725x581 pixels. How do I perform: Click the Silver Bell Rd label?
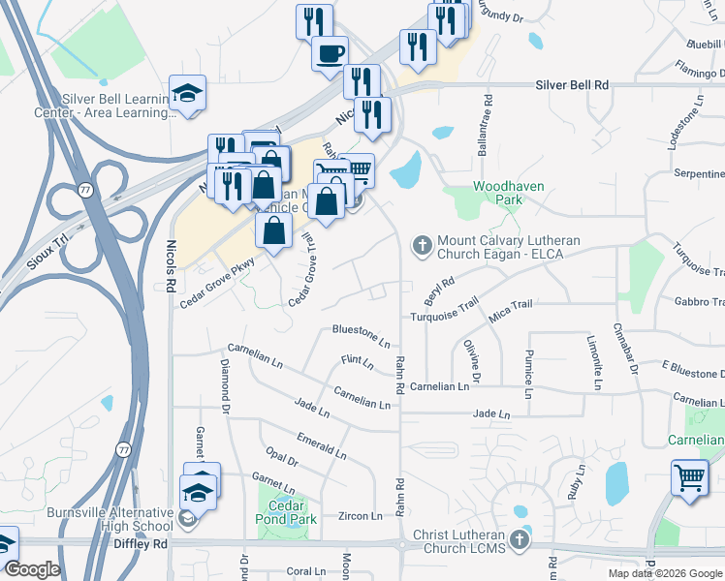click(572, 85)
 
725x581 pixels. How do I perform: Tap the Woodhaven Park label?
click(508, 193)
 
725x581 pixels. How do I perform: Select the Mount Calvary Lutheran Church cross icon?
click(422, 245)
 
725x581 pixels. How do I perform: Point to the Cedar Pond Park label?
click(288, 512)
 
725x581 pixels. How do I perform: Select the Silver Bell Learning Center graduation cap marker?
click(187, 92)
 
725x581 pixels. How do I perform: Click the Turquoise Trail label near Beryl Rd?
click(444, 310)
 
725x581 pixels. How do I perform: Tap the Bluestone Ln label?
click(361, 336)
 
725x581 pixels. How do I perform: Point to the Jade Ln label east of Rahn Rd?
click(490, 413)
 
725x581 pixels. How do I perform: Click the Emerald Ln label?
click(321, 445)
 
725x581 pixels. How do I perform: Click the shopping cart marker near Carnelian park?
click(688, 476)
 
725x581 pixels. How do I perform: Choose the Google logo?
click(32, 569)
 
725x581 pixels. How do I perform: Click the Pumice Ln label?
click(529, 375)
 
